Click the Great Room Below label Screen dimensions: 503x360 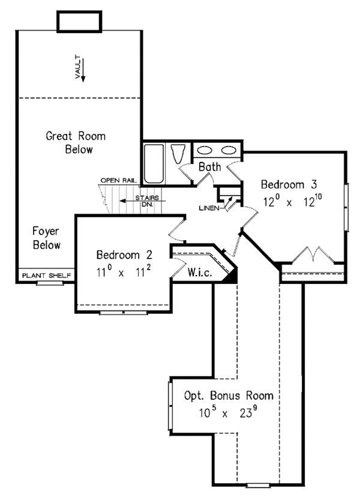(70, 142)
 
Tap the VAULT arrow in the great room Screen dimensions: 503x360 (83, 70)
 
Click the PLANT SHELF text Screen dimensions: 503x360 (46, 276)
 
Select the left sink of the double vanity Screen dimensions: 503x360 (206, 150)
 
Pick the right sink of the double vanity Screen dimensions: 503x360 (229, 150)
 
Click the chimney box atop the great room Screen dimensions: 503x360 (78, 20)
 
